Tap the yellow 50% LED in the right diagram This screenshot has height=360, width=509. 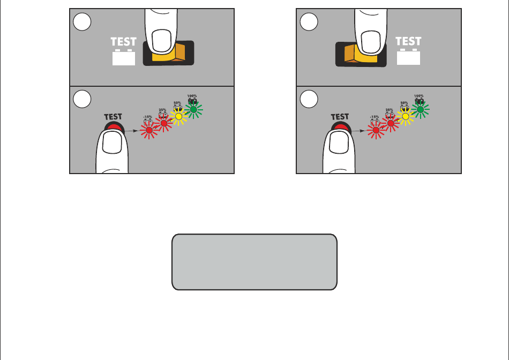[406, 116]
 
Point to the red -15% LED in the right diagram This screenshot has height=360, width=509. [376, 130]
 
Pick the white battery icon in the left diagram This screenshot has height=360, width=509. [124, 57]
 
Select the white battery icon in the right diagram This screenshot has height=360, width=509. [408, 57]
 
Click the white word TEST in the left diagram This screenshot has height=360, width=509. [124, 41]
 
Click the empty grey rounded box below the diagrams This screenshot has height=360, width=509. [254, 261]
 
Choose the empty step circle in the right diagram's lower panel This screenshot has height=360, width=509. [309, 99]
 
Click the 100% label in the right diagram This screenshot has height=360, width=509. [420, 96]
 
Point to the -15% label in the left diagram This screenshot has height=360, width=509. [148, 117]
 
